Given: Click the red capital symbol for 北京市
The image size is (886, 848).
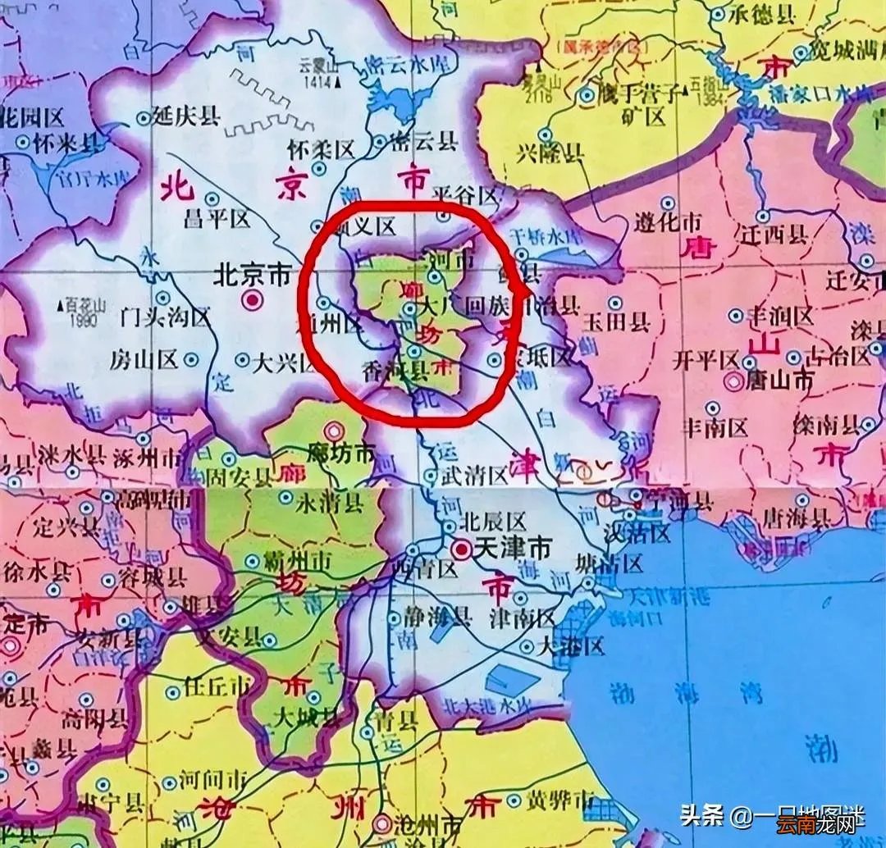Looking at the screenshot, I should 252,301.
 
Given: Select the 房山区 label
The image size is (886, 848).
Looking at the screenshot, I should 146,358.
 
